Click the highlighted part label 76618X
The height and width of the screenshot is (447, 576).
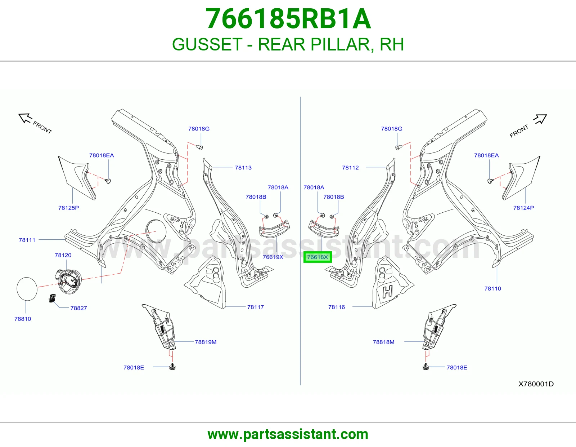(317, 257)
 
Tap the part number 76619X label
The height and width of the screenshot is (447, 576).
(273, 257)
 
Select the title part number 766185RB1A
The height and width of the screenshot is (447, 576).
(288, 19)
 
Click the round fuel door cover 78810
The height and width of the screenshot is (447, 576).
(27, 289)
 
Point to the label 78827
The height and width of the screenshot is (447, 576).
(78, 308)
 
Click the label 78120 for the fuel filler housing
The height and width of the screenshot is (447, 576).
(63, 255)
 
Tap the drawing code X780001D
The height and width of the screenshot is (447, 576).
(536, 384)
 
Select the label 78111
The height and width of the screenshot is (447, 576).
(27, 240)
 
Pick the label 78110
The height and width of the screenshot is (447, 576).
(493, 288)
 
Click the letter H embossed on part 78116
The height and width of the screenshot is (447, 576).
(388, 292)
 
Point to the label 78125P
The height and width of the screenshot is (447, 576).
(69, 208)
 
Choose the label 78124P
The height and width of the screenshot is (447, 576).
(523, 208)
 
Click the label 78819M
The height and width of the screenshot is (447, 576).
(206, 342)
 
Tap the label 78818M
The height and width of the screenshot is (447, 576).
(383, 342)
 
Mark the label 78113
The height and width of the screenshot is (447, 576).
(243, 168)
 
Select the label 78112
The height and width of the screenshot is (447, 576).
(350, 168)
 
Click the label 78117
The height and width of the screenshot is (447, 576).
(256, 307)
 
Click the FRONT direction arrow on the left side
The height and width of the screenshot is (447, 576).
(25, 118)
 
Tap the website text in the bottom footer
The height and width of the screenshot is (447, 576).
(288, 434)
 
